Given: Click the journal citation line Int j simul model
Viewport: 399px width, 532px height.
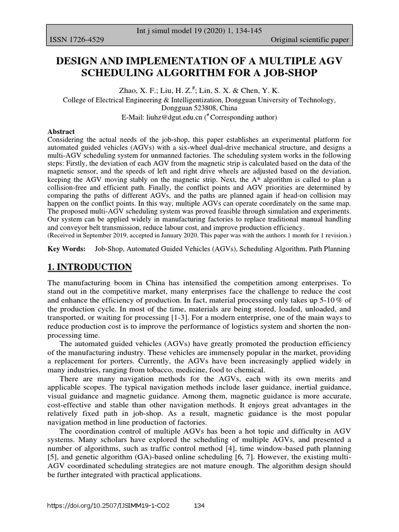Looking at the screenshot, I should tap(199, 31).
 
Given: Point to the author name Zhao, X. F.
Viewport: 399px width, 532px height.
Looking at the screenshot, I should tap(136, 90).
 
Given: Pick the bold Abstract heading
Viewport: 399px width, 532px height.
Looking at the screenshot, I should tap(61, 131).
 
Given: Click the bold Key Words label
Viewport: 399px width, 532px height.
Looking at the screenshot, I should tap(66, 249).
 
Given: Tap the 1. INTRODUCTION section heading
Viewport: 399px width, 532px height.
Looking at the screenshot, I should tap(89, 268).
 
